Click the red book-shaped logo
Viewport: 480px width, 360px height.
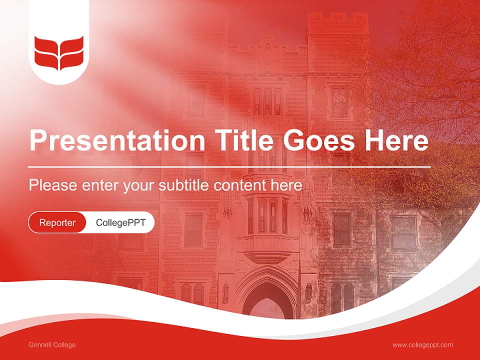[x=59, y=53]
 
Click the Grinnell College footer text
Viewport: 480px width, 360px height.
[x=52, y=345]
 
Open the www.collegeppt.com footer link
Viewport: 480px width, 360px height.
[x=422, y=345]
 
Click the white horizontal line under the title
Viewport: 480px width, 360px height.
[x=229, y=166]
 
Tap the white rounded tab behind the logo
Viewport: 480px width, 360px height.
[x=59, y=75]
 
